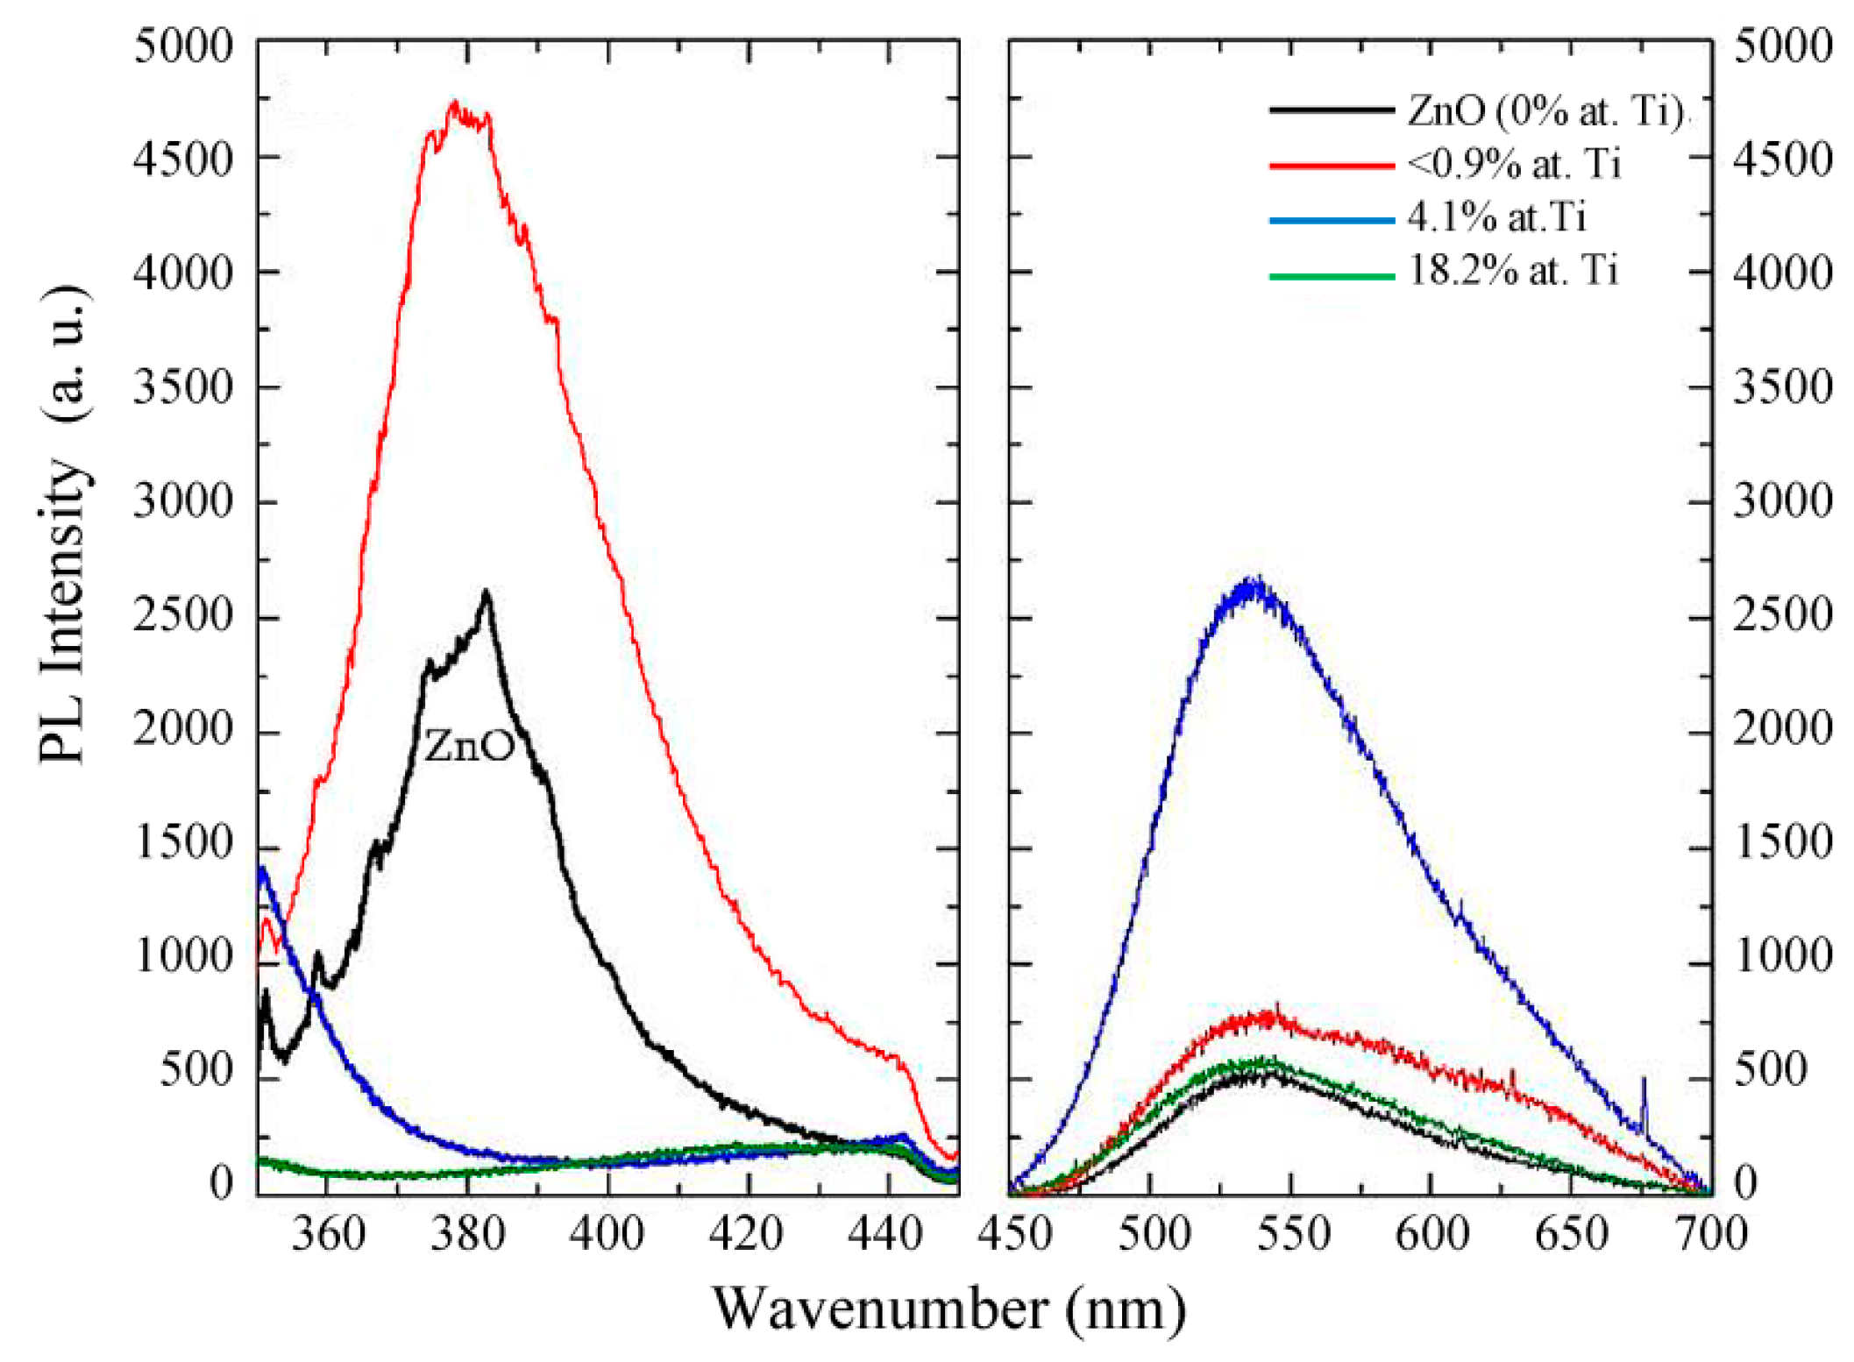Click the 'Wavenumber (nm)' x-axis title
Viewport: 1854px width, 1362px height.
pos(949,1309)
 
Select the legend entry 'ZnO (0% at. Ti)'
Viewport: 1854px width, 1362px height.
pos(1544,111)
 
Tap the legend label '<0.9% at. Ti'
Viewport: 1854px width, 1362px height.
pos(1514,164)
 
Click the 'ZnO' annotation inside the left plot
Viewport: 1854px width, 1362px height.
pos(470,746)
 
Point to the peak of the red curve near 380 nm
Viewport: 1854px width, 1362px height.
pos(454,103)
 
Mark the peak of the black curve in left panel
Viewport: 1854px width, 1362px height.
pos(487,593)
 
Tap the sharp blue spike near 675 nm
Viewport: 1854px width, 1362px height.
pos(1643,1082)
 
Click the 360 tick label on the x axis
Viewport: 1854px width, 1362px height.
pos(328,1235)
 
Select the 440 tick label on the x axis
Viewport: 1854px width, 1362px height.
pos(887,1235)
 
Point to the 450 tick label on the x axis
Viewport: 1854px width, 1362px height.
pos(1015,1235)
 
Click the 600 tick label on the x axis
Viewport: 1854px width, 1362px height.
pos(1431,1235)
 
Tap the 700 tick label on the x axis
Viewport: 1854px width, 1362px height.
pos(1710,1235)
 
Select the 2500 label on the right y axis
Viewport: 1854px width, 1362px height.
pos(1782,616)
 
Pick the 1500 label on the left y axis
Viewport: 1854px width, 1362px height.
pos(184,844)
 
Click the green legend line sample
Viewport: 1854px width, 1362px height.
pos(1332,276)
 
